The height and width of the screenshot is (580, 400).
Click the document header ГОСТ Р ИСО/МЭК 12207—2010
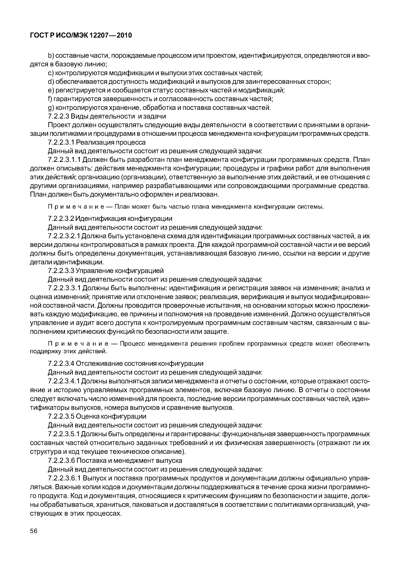point(81,35)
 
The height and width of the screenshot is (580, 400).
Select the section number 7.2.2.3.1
point(61,142)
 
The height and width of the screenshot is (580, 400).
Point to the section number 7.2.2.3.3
point(61,271)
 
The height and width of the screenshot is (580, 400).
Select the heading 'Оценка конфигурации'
point(111,416)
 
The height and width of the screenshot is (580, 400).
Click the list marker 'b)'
point(51,55)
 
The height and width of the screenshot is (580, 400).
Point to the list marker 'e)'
point(51,90)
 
